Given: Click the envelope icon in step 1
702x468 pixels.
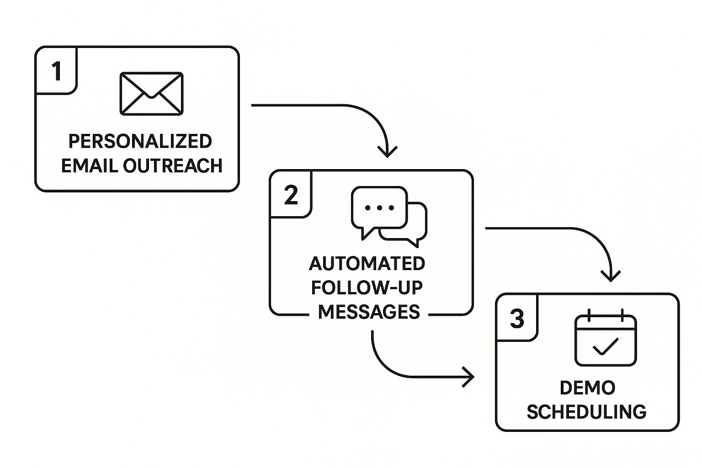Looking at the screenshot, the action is tap(151, 94).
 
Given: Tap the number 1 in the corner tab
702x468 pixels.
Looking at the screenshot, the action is tap(56, 71).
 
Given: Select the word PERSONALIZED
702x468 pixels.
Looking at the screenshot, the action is tap(140, 141).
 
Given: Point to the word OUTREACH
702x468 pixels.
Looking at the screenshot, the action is tap(173, 165).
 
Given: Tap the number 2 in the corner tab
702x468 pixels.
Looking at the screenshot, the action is tap(291, 195).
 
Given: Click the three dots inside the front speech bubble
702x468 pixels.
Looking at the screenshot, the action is tap(379, 208).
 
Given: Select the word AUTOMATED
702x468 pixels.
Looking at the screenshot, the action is tap(367, 264).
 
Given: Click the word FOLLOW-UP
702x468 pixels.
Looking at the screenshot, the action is tap(367, 288).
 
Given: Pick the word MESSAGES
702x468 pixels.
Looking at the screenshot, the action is tap(369, 312).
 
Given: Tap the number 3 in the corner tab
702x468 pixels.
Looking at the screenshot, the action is tap(517, 319).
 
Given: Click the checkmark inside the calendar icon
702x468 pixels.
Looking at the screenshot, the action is tap(606, 347).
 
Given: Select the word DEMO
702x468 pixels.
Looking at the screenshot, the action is tap(588, 388).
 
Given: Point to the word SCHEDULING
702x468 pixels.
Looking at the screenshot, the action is tap(587, 412).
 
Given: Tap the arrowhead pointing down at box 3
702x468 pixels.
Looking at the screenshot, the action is tap(611, 276).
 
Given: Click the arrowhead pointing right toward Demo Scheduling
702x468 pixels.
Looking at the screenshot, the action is tap(468, 377).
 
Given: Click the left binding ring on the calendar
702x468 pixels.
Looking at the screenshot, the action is tap(589, 315).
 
